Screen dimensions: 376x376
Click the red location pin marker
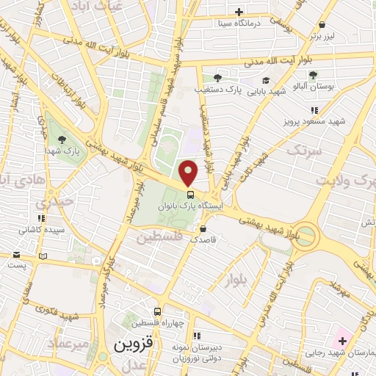pyautogui.click(x=189, y=172)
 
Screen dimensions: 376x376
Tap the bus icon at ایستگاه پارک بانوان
pyautogui.click(x=191, y=195)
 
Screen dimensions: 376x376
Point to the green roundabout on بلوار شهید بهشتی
pyautogui.click(x=306, y=236)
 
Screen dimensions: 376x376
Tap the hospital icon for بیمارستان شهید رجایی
pyautogui.click(x=342, y=341)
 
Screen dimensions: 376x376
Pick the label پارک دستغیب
pyautogui.click(x=217, y=90)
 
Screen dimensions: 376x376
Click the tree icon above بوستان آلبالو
pyautogui.click(x=313, y=75)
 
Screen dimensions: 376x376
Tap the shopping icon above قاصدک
pyautogui.click(x=203, y=228)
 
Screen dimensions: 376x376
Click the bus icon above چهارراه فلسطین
pyautogui.click(x=156, y=311)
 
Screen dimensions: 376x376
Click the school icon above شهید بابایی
pyautogui.click(x=265, y=81)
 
